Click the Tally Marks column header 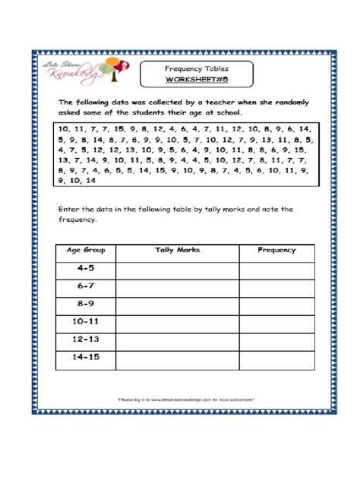[176, 250]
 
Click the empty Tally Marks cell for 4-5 [176, 268]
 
